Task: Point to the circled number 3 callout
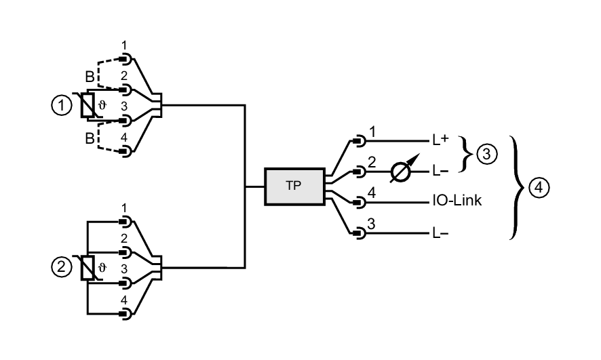(x=486, y=155)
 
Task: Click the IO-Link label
(x=457, y=201)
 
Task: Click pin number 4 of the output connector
(x=371, y=193)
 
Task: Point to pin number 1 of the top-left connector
(x=124, y=45)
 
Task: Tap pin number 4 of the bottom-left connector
(x=124, y=300)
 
